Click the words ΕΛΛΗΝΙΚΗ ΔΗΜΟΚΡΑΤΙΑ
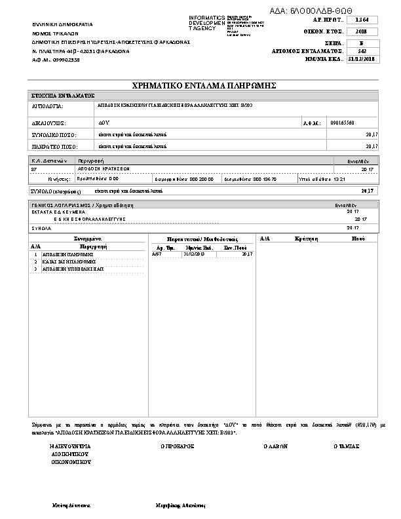click(x=63, y=24)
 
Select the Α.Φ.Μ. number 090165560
click(x=343, y=123)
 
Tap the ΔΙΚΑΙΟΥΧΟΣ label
click(x=49, y=123)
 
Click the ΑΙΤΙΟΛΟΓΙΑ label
click(x=47, y=105)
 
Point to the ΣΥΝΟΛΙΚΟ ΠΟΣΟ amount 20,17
click(x=372, y=134)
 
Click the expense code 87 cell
click(x=34, y=168)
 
